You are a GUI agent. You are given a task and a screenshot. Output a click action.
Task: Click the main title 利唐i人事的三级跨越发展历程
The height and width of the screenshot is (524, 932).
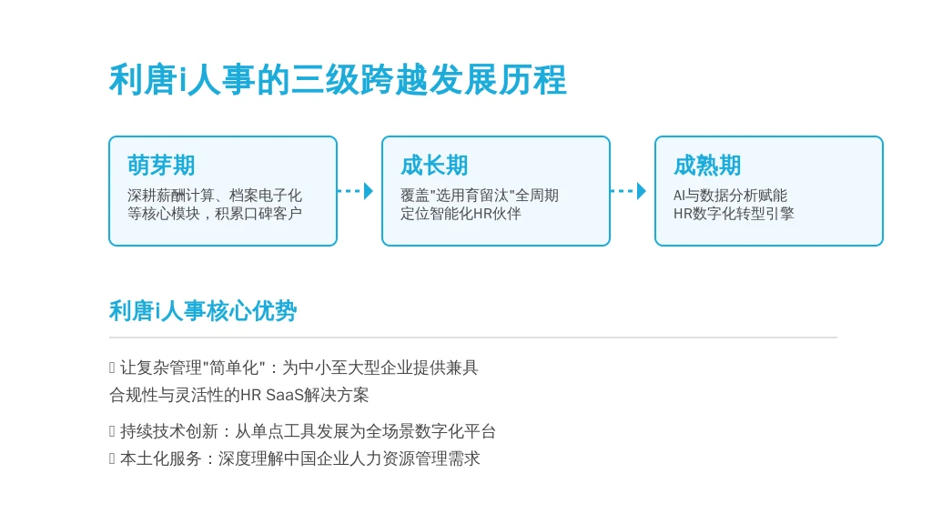pyautogui.click(x=338, y=80)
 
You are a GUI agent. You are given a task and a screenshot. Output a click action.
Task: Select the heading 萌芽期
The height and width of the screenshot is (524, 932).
pyautogui.click(x=161, y=166)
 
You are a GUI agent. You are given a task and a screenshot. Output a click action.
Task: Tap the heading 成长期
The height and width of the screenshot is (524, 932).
pyautogui.click(x=434, y=166)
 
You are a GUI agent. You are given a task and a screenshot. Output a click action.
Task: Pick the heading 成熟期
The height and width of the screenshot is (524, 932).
pyautogui.click(x=707, y=166)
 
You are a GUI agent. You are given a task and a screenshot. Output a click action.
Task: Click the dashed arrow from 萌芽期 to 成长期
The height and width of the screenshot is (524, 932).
pyautogui.click(x=356, y=191)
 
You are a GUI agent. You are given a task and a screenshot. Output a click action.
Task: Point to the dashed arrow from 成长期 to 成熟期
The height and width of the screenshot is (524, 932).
pyautogui.click(x=628, y=191)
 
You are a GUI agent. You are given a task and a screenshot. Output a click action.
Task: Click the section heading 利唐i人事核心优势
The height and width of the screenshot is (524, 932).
pyautogui.click(x=203, y=311)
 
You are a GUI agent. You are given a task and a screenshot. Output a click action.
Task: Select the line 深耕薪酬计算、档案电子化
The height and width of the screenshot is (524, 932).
pyautogui.click(x=215, y=196)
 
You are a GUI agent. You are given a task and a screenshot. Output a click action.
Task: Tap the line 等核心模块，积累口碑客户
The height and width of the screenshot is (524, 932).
pyautogui.click(x=215, y=213)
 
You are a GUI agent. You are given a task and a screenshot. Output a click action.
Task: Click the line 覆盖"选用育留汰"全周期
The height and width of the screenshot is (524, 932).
pyautogui.click(x=479, y=196)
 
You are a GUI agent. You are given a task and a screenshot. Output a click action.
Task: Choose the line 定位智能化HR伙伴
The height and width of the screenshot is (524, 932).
pyautogui.click(x=461, y=213)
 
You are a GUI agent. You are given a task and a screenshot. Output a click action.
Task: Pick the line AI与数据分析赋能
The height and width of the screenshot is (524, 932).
pyautogui.click(x=730, y=196)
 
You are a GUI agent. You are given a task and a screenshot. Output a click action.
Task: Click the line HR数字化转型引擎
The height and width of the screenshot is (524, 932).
pyautogui.click(x=734, y=213)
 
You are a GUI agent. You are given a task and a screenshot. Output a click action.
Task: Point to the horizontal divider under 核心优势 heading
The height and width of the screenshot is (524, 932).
pyautogui.click(x=473, y=338)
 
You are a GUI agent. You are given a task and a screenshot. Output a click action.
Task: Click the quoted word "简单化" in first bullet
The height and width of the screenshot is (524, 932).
pyautogui.click(x=234, y=368)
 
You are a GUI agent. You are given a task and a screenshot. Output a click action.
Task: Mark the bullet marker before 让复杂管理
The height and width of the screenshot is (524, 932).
pyautogui.click(x=112, y=368)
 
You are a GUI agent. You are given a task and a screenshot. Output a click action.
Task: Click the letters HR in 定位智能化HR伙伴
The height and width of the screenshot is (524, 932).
pyautogui.click(x=481, y=213)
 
